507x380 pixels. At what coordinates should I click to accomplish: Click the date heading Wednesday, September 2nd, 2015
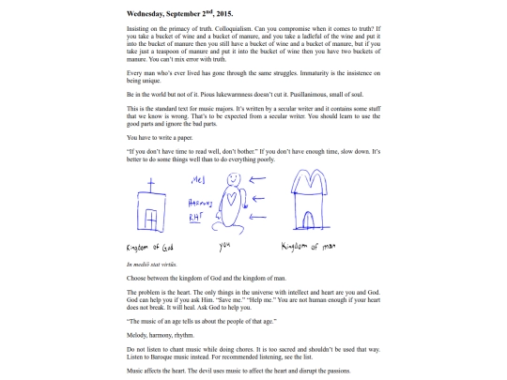tap(179, 13)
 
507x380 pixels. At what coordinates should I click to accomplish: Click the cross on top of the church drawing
tap(150, 185)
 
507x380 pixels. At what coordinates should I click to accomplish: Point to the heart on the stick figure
tap(231, 198)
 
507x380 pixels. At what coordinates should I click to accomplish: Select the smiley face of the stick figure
tap(234, 179)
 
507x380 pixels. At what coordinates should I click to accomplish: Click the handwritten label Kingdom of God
tap(149, 248)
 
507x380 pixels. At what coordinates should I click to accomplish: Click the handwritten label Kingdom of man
tap(308, 247)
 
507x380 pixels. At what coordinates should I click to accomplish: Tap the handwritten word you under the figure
tap(224, 246)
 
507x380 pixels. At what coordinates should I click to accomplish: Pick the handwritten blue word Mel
tap(198, 179)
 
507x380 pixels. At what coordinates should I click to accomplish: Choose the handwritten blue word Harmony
tap(200, 203)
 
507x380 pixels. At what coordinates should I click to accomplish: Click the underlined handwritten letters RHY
tap(195, 218)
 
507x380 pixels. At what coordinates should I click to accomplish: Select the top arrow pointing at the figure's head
tap(257, 179)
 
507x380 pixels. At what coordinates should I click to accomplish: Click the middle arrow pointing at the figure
tap(258, 198)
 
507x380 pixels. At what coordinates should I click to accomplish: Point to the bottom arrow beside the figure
tap(258, 217)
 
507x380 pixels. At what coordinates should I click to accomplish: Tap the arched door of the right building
tap(308, 220)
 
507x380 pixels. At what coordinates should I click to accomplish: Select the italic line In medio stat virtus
tap(152, 265)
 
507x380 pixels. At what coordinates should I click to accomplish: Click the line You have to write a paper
tap(160, 138)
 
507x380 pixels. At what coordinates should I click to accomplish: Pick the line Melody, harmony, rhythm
tap(161, 335)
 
